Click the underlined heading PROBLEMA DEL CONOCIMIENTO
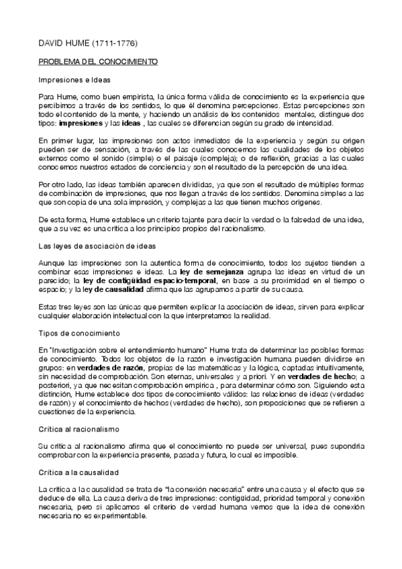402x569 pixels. (97, 62)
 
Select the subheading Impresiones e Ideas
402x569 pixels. (73, 80)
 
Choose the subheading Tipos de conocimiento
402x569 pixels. (79, 333)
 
